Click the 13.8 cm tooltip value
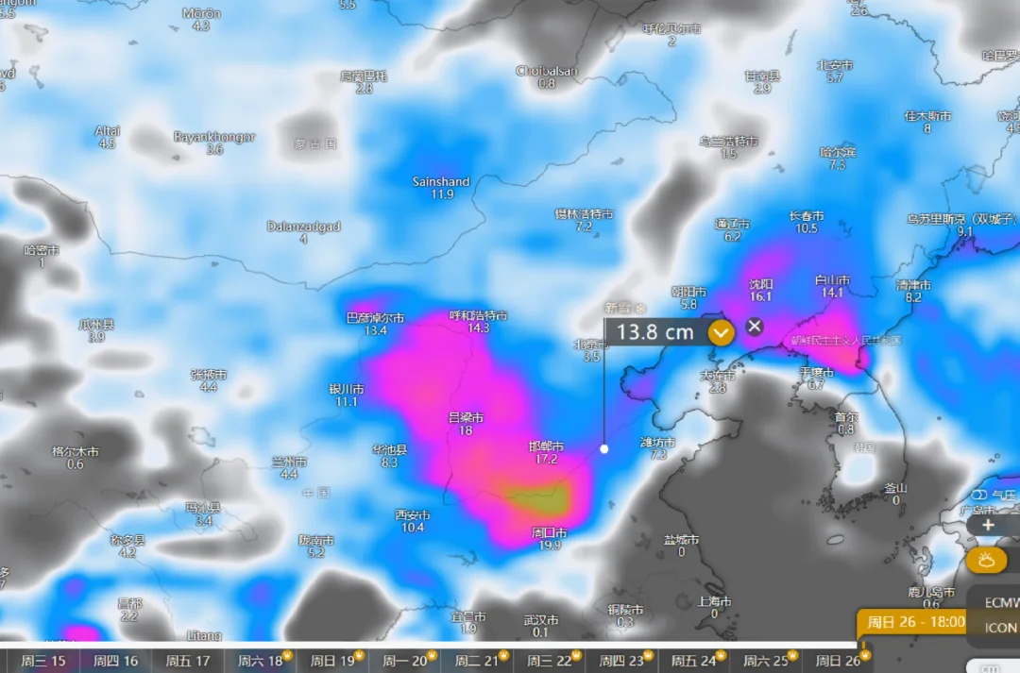pyautogui.click(x=655, y=332)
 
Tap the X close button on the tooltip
pyautogui.click(x=754, y=327)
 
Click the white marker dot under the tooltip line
pyautogui.click(x=604, y=449)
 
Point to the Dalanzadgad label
pyautogui.click(x=303, y=227)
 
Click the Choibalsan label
pyautogui.click(x=547, y=71)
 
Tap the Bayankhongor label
pyautogui.click(x=214, y=137)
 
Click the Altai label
pyautogui.click(x=107, y=131)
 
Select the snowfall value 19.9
pyautogui.click(x=549, y=546)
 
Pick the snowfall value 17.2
pyautogui.click(x=546, y=460)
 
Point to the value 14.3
pyautogui.click(x=478, y=328)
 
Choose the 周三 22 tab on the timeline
pyautogui.click(x=551, y=661)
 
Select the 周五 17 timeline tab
pyautogui.click(x=188, y=661)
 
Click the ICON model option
pyautogui.click(x=1001, y=628)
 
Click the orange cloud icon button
pyautogui.click(x=987, y=560)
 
